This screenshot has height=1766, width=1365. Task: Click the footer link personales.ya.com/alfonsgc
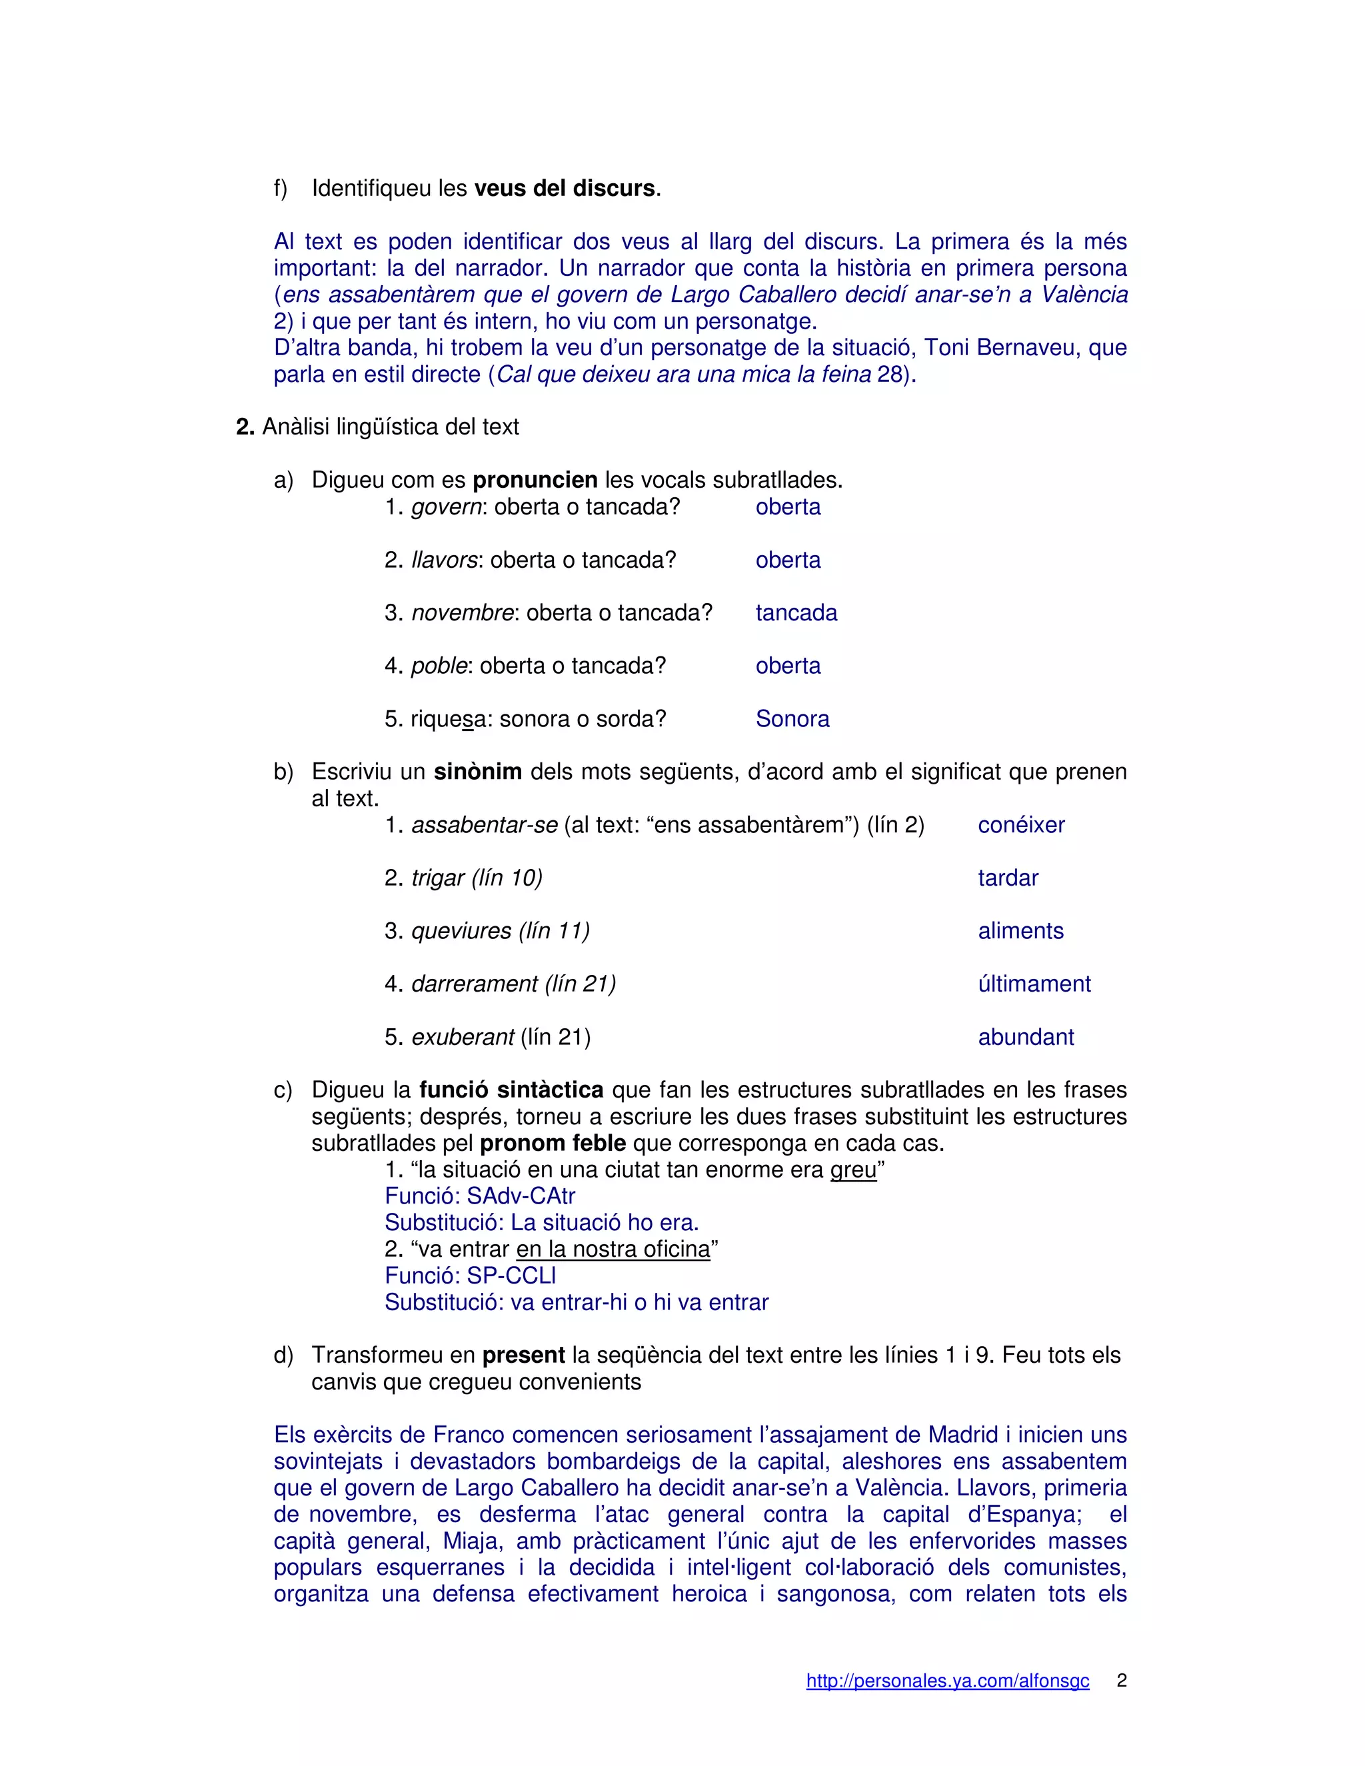(x=947, y=1681)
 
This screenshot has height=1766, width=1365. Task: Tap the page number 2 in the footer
(x=1122, y=1680)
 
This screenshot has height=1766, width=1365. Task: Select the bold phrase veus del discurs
(x=564, y=189)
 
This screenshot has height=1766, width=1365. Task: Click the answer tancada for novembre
(x=796, y=613)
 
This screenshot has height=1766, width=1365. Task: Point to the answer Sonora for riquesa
(x=792, y=719)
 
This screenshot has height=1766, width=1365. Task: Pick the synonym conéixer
(x=1020, y=825)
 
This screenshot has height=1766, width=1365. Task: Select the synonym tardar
(x=1008, y=878)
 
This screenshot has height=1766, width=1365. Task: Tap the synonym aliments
(x=1020, y=931)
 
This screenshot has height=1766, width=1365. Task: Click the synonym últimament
(x=1034, y=984)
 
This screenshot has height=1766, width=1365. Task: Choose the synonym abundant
(x=1025, y=1038)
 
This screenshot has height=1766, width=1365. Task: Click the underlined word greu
(x=853, y=1170)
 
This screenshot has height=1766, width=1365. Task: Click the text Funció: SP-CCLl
(x=470, y=1276)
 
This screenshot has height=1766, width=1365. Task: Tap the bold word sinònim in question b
(x=477, y=772)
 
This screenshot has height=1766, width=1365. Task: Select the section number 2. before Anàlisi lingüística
(x=245, y=427)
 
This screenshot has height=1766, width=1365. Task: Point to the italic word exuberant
(x=463, y=1038)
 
